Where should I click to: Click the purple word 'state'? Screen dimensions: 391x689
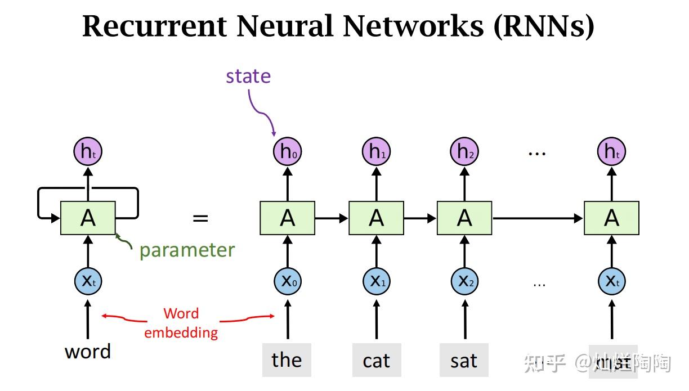[248, 76]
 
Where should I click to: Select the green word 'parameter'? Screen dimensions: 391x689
[187, 250]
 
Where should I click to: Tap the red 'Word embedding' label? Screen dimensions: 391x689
[181, 323]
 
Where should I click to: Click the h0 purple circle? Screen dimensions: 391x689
[287, 151]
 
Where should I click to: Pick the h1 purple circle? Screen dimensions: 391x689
[375, 151]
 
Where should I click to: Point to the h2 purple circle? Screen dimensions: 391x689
[464, 151]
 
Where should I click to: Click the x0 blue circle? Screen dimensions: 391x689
[287, 281]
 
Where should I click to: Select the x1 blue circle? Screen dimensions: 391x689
[375, 281]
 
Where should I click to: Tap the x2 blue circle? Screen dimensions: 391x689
[464, 281]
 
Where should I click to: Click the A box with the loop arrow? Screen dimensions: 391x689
[88, 218]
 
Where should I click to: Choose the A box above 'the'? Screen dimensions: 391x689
[287, 218]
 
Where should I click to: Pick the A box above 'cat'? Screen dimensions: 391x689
[376, 218]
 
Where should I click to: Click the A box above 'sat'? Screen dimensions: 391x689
[464, 218]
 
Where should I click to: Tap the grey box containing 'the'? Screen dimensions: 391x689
[287, 360]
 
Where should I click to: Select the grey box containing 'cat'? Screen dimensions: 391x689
[376, 360]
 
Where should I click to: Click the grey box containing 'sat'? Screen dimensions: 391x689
[464, 360]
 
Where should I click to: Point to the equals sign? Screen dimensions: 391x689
[200, 218]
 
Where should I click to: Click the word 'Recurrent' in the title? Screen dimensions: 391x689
[154, 26]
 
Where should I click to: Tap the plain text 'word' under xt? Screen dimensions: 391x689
[88, 352]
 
